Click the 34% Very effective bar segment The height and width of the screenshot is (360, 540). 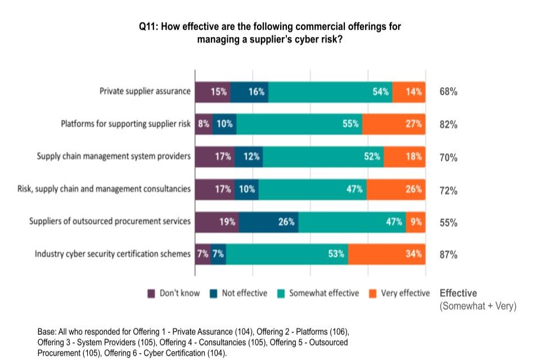coord(386,254)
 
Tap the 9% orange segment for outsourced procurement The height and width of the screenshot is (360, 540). coord(416,222)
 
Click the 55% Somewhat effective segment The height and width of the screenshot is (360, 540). coord(299,124)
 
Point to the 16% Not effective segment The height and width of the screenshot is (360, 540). coord(249,92)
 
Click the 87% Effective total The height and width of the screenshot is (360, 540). coord(448,254)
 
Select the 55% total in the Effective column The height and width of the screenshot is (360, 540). coord(448,222)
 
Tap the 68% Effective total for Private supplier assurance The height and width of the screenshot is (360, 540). coord(448,92)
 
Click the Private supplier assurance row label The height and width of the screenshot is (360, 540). coord(145,91)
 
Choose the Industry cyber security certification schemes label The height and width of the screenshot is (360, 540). coord(113,254)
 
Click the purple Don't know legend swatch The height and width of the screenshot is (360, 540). coord(151,293)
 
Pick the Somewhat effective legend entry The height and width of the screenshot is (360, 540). coord(323,293)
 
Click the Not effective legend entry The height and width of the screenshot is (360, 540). coord(244,293)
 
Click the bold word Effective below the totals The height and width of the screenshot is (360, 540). coord(458,293)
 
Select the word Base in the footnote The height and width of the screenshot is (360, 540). coord(47,332)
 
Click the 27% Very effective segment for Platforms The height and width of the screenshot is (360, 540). coord(393,124)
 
